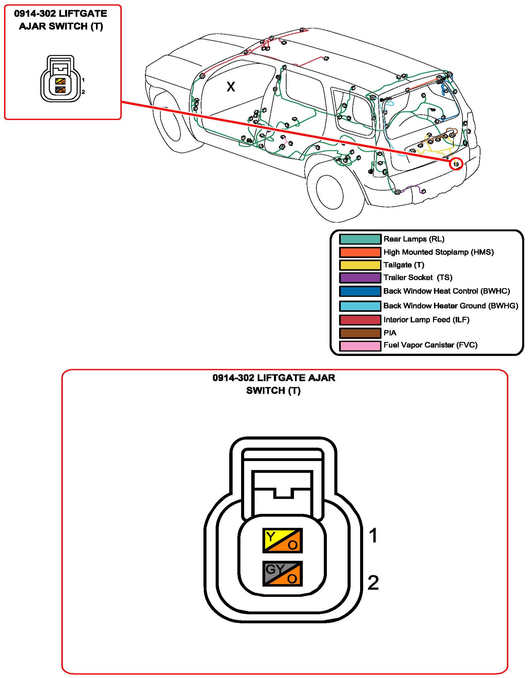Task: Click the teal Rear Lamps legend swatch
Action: pos(360,239)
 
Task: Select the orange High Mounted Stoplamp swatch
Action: pos(360,252)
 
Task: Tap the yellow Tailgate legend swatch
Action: pos(360,265)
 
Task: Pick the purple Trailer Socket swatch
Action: pos(360,278)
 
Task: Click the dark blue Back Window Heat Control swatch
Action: pos(360,291)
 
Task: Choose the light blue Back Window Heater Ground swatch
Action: pos(360,306)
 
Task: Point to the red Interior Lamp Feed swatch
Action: pos(360,320)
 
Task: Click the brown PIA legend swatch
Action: pos(360,333)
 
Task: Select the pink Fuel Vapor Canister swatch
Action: pos(360,345)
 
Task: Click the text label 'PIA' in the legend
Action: pos(390,333)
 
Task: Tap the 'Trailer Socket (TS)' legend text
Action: pos(418,278)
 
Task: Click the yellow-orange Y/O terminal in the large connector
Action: pos(282,540)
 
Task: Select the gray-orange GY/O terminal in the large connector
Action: pos(282,574)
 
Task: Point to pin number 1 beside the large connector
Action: pos(373,536)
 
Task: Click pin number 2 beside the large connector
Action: pos(373,583)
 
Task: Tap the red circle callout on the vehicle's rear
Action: pos(456,164)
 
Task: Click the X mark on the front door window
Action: pos(231,87)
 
